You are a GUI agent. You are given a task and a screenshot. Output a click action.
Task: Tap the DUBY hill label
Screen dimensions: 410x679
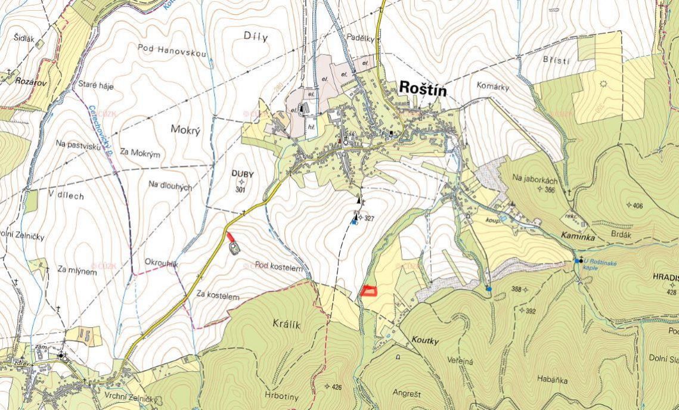coord(242,174)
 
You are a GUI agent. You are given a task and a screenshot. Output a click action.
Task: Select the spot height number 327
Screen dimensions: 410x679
coord(369,219)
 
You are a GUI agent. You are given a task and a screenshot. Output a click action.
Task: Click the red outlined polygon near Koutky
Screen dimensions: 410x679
coord(369,291)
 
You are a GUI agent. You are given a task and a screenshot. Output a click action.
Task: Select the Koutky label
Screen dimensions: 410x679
coord(425,340)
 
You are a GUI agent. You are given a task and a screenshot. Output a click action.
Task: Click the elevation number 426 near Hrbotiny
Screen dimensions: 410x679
coord(337,387)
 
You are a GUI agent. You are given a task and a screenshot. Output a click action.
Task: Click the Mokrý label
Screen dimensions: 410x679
coord(184,129)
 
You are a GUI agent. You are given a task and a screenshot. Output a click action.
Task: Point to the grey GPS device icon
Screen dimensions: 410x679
coord(234,247)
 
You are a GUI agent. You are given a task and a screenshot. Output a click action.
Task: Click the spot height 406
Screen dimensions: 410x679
coord(638,206)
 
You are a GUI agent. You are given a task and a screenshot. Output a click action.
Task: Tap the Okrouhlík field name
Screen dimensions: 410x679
coord(162,262)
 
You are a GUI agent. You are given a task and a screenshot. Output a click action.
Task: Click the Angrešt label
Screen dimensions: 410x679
coord(407,393)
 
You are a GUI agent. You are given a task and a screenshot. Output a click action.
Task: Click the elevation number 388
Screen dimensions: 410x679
coord(516,290)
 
